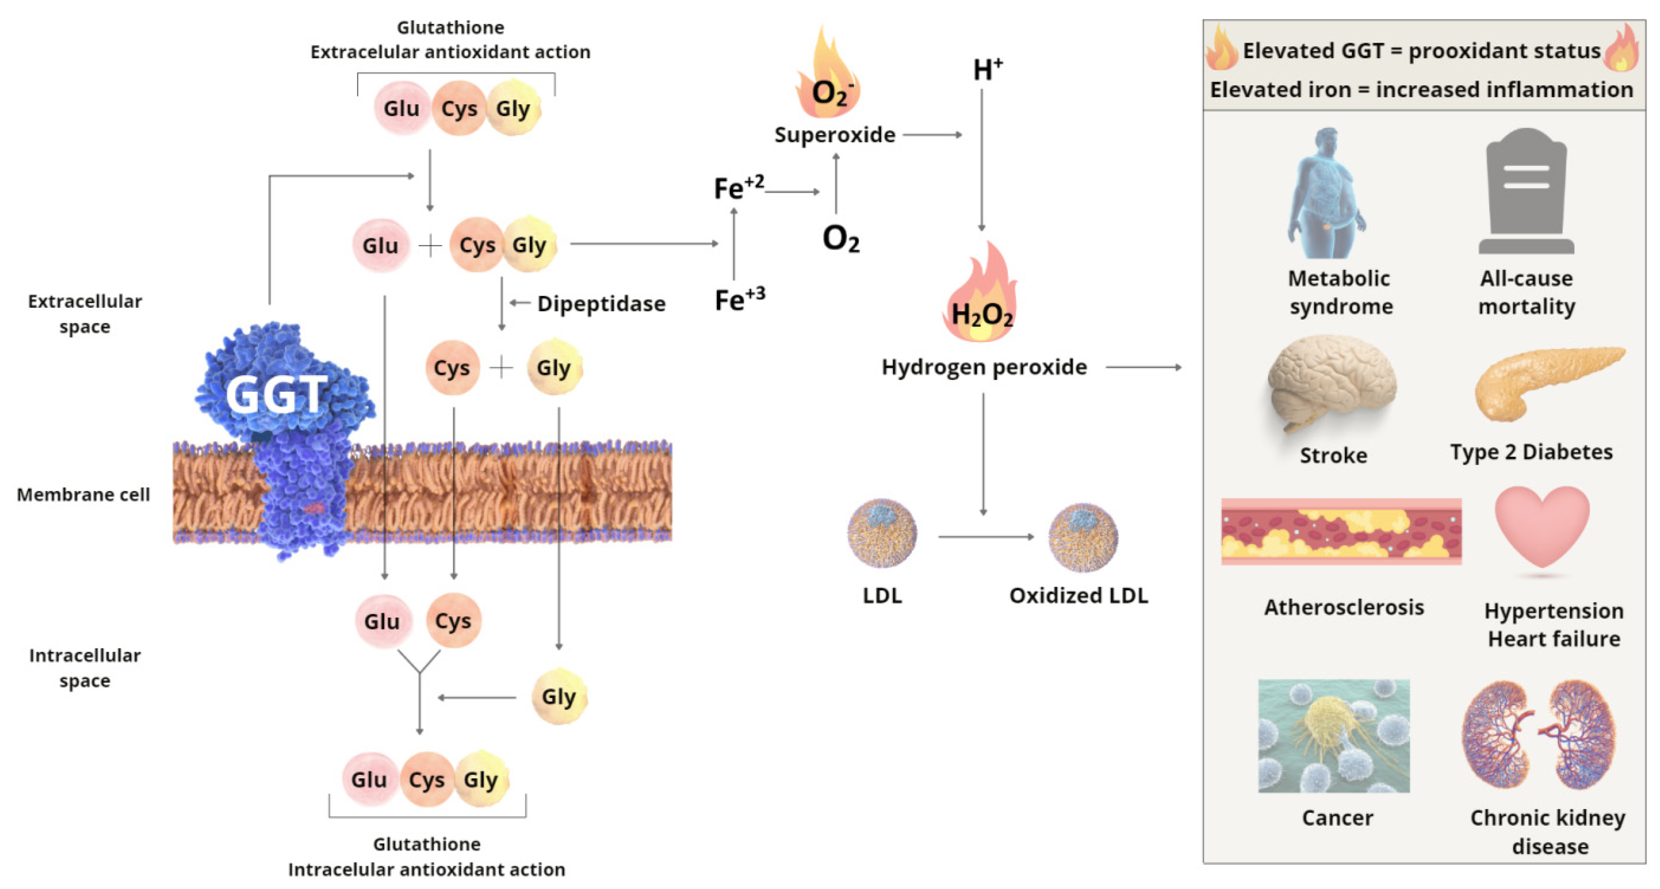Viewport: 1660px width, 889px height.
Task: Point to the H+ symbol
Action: click(987, 69)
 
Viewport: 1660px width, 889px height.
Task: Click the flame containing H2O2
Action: click(981, 296)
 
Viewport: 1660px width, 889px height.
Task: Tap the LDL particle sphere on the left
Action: click(882, 533)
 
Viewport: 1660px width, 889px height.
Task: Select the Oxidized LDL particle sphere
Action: click(1083, 536)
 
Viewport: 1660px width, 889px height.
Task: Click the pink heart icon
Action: click(1542, 525)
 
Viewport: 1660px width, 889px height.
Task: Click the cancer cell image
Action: click(1333, 735)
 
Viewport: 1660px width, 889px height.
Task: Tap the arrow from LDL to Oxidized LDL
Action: click(985, 536)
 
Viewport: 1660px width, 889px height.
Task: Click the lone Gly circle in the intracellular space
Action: click(559, 696)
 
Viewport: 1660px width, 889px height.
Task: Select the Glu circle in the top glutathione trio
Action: click(401, 108)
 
